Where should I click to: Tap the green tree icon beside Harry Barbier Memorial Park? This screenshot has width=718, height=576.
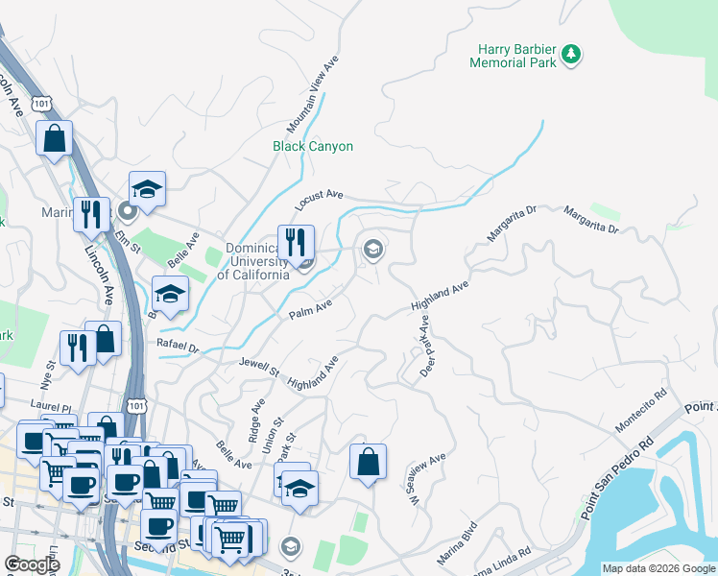[x=572, y=54]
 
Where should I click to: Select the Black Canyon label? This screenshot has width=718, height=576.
[x=313, y=147]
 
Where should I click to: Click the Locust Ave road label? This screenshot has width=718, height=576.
[x=319, y=200]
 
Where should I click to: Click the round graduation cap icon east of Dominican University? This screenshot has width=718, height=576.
[x=372, y=251]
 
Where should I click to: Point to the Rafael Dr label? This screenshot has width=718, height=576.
[x=179, y=348]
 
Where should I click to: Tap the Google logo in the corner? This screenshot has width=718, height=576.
[x=32, y=565]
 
